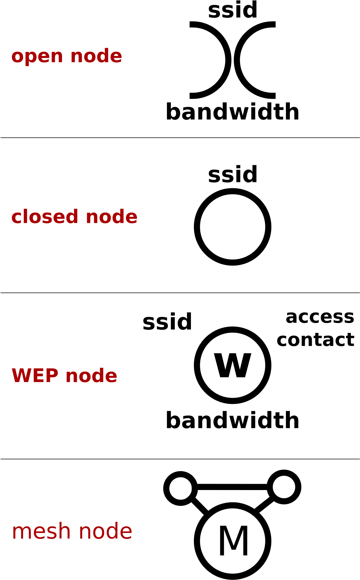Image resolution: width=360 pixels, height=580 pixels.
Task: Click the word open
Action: pos(37,56)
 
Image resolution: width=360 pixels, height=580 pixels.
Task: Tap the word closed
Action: pos(45,217)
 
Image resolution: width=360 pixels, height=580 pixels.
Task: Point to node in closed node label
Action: pos(112,217)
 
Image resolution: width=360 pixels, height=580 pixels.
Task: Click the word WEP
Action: pos(35,375)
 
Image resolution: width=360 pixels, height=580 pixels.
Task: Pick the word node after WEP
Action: pos(91,375)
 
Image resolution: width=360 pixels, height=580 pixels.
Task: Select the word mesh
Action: pos(41,531)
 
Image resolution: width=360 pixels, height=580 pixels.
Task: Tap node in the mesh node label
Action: pos(105,531)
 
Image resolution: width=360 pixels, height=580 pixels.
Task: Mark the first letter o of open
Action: pos(17,56)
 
